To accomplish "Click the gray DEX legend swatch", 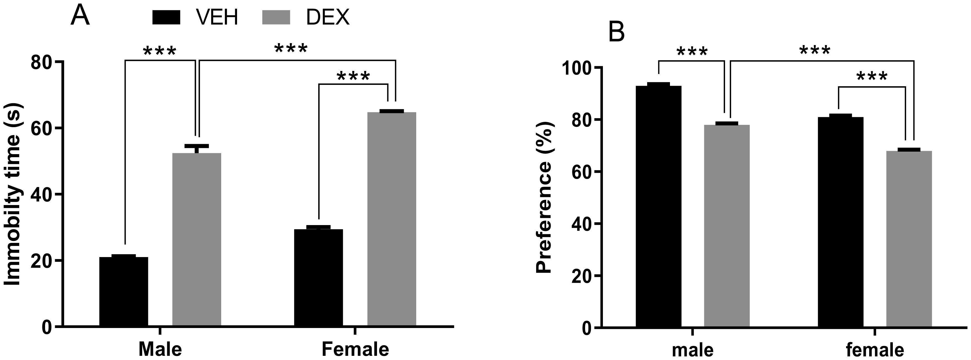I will (x=276, y=17).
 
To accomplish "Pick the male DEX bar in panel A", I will (x=197, y=239).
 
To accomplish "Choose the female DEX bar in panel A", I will (x=392, y=219).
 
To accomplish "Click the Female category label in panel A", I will (x=355, y=349).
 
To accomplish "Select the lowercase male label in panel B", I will (x=692, y=350).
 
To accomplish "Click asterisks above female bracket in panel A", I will (x=353, y=77).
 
